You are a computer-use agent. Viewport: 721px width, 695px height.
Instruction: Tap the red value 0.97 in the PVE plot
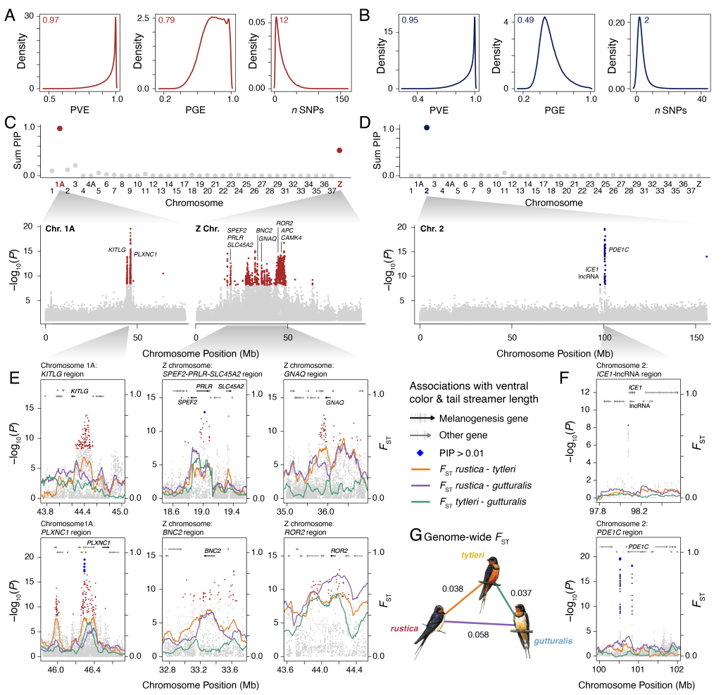coord(50,20)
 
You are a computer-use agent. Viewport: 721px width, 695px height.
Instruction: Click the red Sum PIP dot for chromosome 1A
coord(60,128)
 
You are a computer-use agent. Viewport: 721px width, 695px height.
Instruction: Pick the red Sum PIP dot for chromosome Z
coord(340,150)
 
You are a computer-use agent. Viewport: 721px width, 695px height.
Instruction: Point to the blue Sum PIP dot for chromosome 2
coord(427,127)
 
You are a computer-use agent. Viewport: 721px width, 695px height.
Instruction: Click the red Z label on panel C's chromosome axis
coord(340,184)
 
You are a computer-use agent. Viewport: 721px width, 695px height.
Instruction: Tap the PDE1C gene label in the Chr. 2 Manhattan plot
coord(618,249)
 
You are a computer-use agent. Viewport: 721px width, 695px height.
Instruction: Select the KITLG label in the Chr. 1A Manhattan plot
coord(116,250)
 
